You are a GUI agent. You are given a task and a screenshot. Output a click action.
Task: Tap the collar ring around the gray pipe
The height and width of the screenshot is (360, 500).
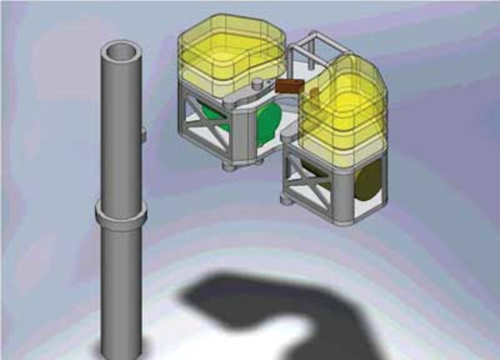pos(121,214)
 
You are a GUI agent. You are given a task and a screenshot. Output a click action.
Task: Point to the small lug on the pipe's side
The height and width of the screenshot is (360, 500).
pos(143,133)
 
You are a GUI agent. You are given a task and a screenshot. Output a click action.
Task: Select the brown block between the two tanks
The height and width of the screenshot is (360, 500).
pos(290,86)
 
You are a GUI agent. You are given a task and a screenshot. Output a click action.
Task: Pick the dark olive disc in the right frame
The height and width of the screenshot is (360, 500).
pos(368,179)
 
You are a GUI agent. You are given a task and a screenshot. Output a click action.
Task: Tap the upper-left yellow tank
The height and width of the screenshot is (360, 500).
pos(231,54)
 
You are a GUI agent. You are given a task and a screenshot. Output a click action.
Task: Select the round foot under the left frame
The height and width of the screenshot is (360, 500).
pos(229,166)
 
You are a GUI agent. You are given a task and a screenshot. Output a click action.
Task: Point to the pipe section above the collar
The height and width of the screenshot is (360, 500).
pos(121,125)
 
